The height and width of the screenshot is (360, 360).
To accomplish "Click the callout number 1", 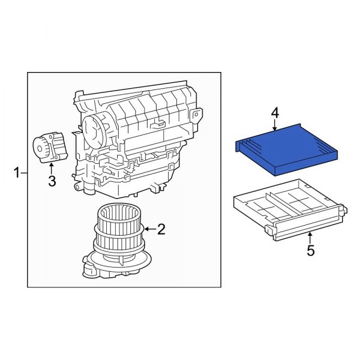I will click(16, 174).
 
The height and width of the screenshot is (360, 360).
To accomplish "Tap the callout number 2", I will click(160, 229).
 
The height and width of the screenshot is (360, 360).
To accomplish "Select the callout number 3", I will click(52, 181).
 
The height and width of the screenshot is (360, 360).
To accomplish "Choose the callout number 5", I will click(310, 251).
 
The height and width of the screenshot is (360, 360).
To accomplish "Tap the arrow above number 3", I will click(52, 166).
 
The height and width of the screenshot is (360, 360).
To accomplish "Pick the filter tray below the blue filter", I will click(288, 210).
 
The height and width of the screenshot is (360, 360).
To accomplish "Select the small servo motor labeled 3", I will click(49, 148).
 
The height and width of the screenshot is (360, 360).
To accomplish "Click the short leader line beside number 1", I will click(25, 174).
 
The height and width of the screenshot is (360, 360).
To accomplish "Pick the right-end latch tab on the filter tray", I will click(343, 210).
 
